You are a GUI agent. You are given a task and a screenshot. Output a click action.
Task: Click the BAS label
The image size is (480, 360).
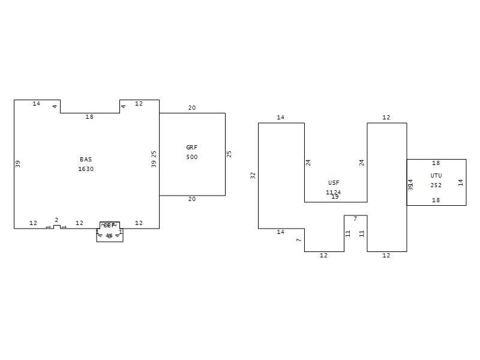point(86,160)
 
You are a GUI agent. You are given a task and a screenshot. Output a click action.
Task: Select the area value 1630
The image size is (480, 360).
point(86,169)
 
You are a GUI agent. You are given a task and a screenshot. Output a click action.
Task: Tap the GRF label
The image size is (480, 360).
point(192,147)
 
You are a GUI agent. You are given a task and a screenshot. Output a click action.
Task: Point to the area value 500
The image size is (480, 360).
point(192,157)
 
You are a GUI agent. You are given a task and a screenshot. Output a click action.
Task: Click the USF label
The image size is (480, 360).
point(334,182)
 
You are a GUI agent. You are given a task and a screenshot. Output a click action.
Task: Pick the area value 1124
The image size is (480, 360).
point(334,193)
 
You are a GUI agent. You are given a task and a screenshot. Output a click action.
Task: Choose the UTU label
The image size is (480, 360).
point(436,176)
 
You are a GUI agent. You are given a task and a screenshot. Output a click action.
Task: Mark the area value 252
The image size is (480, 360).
point(436,185)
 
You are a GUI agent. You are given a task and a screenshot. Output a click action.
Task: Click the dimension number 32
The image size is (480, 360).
point(253,175)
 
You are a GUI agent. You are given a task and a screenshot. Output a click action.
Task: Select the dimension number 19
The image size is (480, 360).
point(335,197)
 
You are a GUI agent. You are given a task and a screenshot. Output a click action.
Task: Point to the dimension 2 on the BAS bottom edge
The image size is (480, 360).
point(56,220)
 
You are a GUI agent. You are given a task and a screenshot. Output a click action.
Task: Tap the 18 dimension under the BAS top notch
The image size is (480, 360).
point(89,117)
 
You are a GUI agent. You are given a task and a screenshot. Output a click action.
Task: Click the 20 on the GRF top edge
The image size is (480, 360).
point(192,108)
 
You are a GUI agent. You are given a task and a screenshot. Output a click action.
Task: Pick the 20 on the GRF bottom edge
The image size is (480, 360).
point(192,199)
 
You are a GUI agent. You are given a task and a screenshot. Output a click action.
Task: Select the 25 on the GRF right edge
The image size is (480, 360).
point(229,154)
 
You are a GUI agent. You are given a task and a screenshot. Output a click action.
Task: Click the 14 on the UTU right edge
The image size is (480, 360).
point(461,182)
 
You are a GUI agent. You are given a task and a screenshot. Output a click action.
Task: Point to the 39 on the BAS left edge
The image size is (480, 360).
point(18,163)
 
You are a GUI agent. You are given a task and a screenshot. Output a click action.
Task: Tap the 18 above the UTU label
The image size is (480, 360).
point(436,163)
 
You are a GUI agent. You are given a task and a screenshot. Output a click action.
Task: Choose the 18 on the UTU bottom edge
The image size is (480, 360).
point(436,200)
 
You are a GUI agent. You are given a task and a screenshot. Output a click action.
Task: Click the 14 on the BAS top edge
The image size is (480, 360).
point(37,104)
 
